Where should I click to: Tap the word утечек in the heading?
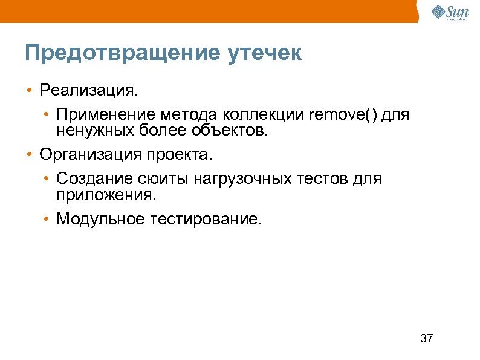(x=264, y=53)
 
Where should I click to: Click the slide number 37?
(x=426, y=338)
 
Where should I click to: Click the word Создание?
(x=89, y=179)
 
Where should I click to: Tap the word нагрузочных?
(x=232, y=179)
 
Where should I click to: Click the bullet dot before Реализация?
(x=28, y=91)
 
